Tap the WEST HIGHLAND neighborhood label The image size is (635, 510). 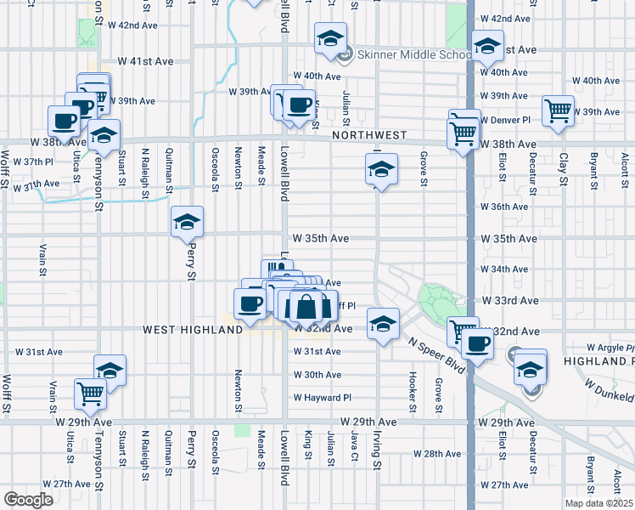193,329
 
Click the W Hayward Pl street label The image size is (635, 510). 323,397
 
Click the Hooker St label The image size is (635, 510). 413,386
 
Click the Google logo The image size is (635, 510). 28,500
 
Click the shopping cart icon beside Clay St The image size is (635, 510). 558,110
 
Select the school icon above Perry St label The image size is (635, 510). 187,224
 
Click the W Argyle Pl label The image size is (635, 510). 610,348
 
